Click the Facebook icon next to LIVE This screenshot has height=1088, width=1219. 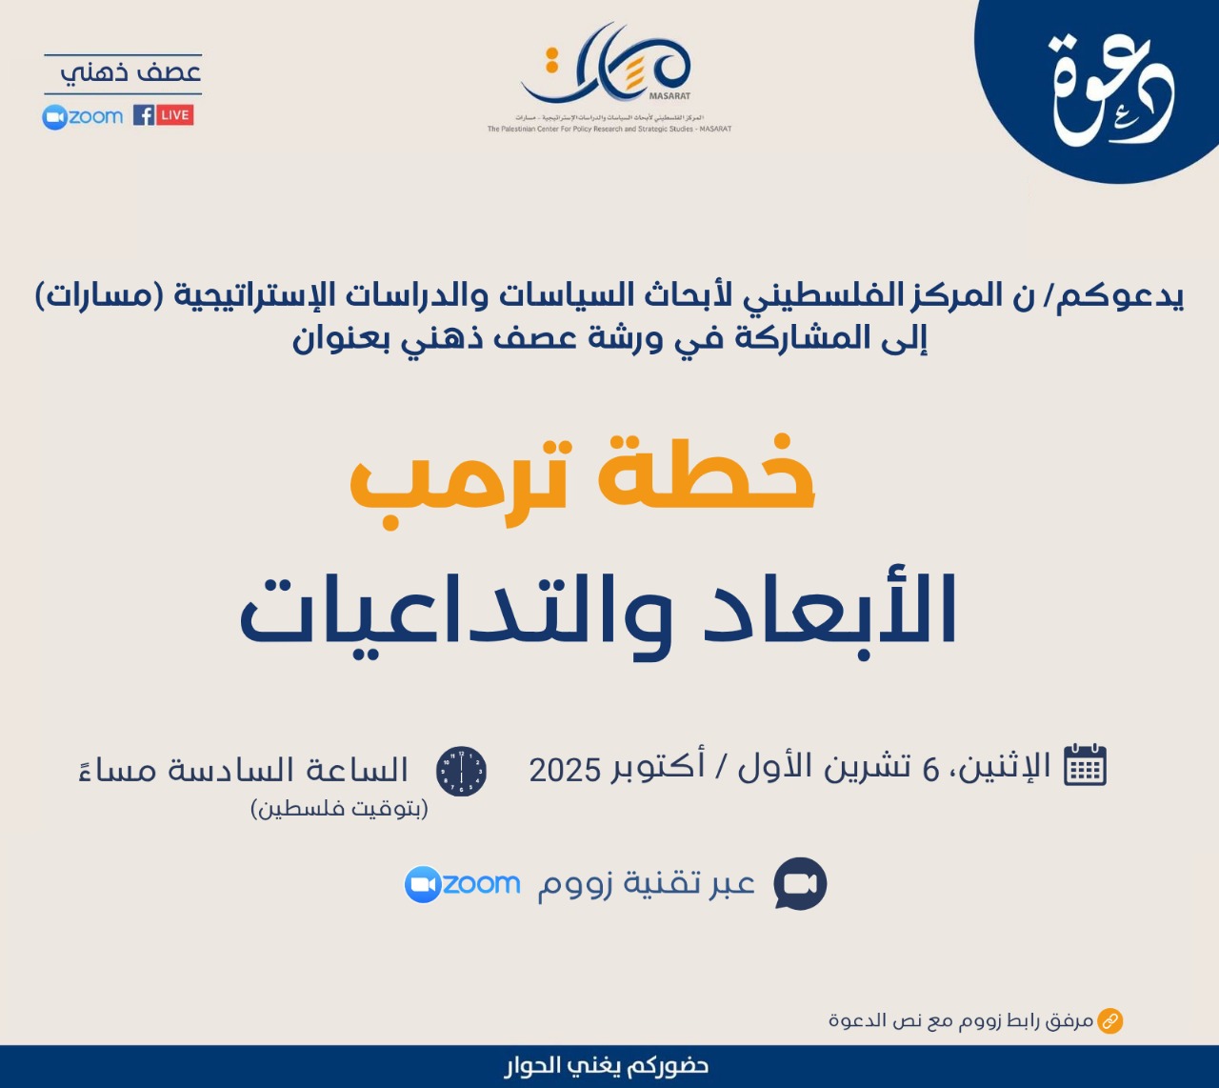click(x=144, y=115)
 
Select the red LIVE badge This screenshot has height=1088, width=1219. click(x=174, y=115)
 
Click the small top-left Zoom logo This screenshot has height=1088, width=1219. click(x=83, y=116)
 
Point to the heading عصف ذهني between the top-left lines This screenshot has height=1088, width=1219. click(x=130, y=73)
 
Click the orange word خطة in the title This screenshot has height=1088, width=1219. click(x=706, y=473)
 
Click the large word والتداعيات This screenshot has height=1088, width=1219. click(x=455, y=611)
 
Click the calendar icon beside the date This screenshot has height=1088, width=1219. click(x=1085, y=764)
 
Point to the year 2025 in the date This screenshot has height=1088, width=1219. click(x=565, y=770)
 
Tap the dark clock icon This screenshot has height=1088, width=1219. click(x=461, y=771)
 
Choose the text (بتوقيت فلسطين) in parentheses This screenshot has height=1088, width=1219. click(x=339, y=810)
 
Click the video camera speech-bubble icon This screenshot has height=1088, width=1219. click(x=800, y=884)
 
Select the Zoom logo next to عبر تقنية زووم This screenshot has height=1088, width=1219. click(x=463, y=884)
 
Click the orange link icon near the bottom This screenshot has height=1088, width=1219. click(x=1109, y=1021)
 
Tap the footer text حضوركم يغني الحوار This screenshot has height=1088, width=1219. click(x=607, y=1066)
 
